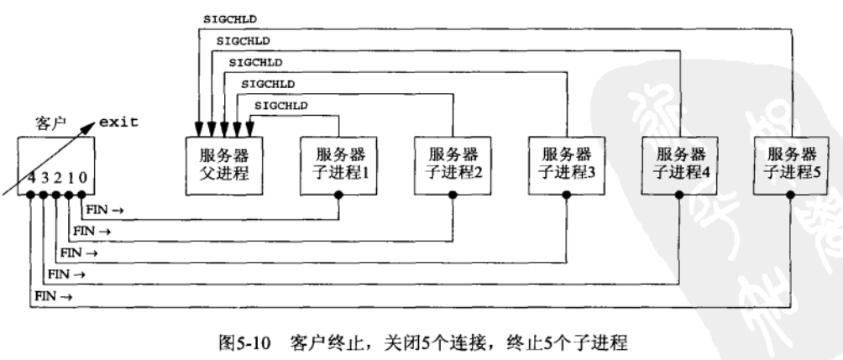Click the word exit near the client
click(118, 122)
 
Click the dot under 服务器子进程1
click(338, 195)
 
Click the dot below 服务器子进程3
click(567, 195)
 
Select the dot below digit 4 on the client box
click(30, 195)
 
